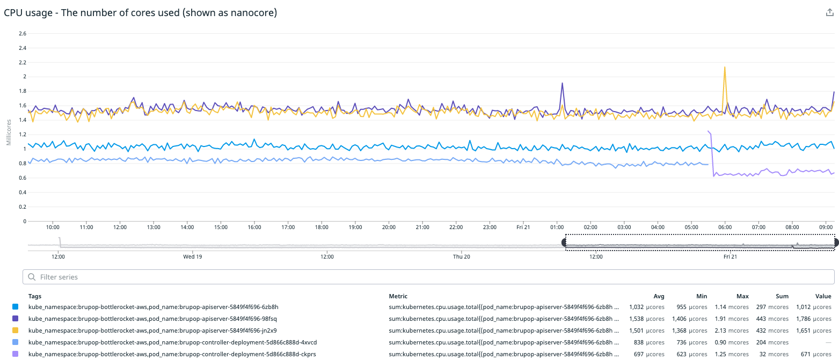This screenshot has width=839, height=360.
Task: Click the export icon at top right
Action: (x=829, y=13)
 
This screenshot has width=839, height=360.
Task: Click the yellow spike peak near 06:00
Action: (x=725, y=68)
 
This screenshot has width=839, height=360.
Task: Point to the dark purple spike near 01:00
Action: (x=562, y=84)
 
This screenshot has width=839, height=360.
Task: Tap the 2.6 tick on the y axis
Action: (x=23, y=33)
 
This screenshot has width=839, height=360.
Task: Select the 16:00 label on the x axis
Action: (x=255, y=227)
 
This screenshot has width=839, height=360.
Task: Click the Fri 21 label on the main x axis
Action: (x=523, y=227)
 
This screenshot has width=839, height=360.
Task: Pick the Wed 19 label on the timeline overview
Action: (x=193, y=256)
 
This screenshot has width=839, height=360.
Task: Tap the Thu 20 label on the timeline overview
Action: (x=462, y=256)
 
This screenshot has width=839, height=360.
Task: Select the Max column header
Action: (x=742, y=296)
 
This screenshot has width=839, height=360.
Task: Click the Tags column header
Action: (x=35, y=296)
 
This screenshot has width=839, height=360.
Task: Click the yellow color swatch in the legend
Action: (x=15, y=330)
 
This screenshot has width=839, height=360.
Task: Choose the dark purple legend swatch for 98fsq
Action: (x=15, y=319)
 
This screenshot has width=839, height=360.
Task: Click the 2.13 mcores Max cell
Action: (x=732, y=330)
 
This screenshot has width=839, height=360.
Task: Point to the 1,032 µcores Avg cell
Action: (x=646, y=307)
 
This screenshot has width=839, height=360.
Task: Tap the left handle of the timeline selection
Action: (x=565, y=243)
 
